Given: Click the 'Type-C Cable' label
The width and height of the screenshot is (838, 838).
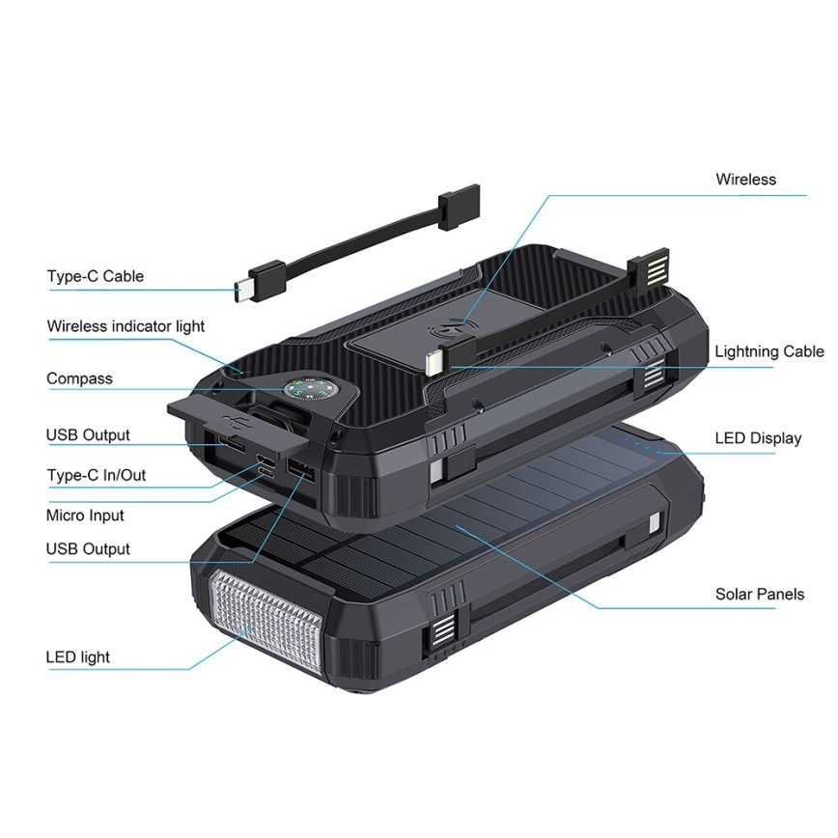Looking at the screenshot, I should coord(95,276).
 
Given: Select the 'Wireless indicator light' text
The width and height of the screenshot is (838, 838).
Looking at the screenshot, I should coord(126,326).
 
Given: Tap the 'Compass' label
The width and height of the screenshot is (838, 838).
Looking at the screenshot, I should coord(79,378).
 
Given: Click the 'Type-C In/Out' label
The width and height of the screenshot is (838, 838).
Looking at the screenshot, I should coord(97,475).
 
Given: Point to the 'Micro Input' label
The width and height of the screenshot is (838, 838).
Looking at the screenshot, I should coord(85,516).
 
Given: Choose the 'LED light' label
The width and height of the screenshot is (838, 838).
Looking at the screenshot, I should coord(77,657).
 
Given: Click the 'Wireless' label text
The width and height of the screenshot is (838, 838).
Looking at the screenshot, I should coord(745,179).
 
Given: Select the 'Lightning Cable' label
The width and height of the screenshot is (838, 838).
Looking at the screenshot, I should coord(769,351).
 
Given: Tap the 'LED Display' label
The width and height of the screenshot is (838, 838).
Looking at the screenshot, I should coord(758,438).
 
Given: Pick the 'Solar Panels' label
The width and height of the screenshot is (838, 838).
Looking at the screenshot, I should coord(759,594).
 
